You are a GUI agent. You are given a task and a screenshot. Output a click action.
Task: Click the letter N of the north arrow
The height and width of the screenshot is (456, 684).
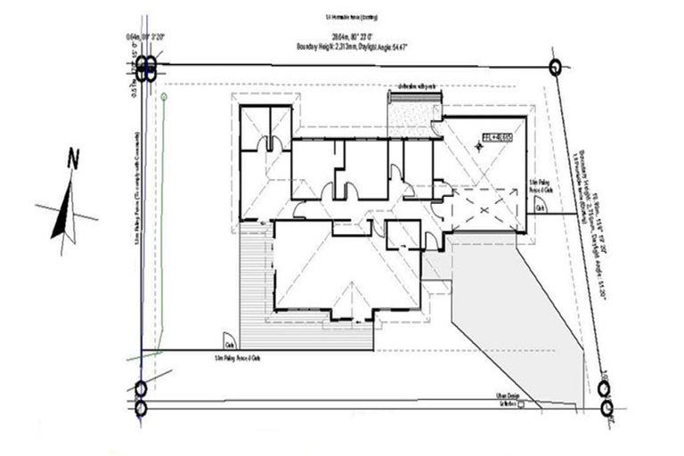74,159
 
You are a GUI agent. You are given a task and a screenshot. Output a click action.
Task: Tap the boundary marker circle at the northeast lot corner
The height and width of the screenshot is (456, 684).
556,66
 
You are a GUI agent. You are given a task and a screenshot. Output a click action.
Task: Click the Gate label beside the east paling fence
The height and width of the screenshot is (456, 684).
541,208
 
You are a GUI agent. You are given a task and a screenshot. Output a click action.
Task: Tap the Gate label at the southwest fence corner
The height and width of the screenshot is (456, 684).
230,345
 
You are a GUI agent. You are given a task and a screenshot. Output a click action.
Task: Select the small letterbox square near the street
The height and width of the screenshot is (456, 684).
523,404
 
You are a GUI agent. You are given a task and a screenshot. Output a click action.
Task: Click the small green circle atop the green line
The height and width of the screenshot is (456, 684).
164,95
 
